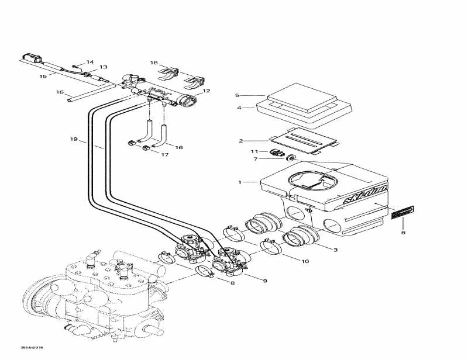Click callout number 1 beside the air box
(x=239, y=182)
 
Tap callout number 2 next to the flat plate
(x=240, y=141)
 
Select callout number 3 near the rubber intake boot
(x=335, y=250)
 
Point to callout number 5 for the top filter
(x=237, y=95)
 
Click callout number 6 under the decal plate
(x=402, y=233)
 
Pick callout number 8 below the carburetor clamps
(x=232, y=283)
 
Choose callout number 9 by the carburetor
(x=265, y=281)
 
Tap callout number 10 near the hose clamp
(x=305, y=261)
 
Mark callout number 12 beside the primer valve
(x=206, y=91)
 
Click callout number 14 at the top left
(x=90, y=62)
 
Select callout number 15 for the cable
(x=43, y=77)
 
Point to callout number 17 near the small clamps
(x=165, y=155)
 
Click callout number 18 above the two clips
(x=154, y=63)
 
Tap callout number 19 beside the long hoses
(x=73, y=139)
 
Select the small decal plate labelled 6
(x=402, y=212)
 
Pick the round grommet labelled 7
(x=290, y=158)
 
